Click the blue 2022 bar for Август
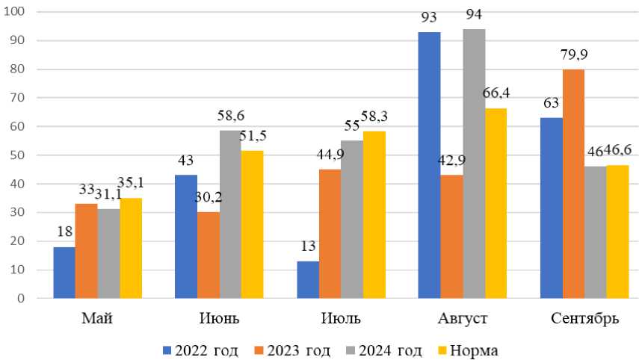(x=429, y=165)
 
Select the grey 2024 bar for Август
(x=474, y=164)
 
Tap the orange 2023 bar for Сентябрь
(x=573, y=184)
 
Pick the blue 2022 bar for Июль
(x=308, y=279)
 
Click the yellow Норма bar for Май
(x=131, y=248)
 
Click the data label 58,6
(x=230, y=116)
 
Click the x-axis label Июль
(x=341, y=319)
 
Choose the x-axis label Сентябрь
(x=584, y=319)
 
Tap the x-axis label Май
(x=97, y=319)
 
